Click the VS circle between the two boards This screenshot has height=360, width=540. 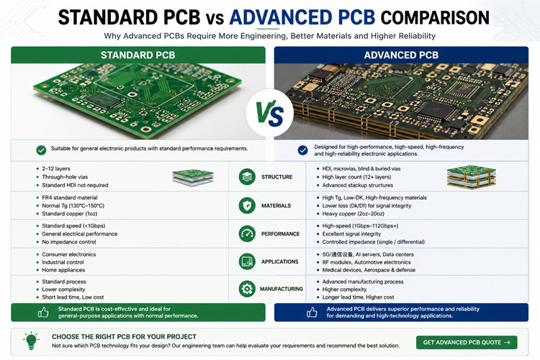[x=270, y=113]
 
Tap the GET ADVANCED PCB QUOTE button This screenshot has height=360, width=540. [x=467, y=343]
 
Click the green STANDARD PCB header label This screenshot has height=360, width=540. [x=138, y=55]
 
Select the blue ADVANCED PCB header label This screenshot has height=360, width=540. [x=401, y=55]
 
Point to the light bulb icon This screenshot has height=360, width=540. [x=31, y=341]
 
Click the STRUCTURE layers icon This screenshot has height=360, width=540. [x=247, y=176]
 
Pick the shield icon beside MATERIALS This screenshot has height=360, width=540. [x=247, y=206]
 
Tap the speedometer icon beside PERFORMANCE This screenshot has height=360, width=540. [x=247, y=233]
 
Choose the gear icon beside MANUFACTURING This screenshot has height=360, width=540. [x=247, y=289]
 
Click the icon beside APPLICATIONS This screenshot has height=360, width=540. [x=247, y=261]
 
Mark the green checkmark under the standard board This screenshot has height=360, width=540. [x=41, y=150]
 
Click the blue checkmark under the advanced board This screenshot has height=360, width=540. [x=302, y=150]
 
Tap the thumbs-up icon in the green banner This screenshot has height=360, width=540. [x=43, y=312]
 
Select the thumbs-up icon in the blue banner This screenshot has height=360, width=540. [x=312, y=312]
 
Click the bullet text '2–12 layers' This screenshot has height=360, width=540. [x=55, y=168]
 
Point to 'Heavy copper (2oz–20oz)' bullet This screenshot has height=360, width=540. [x=353, y=214]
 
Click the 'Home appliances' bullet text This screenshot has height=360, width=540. [x=63, y=270]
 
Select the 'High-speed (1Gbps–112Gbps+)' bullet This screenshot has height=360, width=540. [x=360, y=226]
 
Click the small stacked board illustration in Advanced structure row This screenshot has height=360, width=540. [x=472, y=176]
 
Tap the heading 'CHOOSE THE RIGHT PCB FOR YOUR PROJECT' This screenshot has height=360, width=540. [x=124, y=336]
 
